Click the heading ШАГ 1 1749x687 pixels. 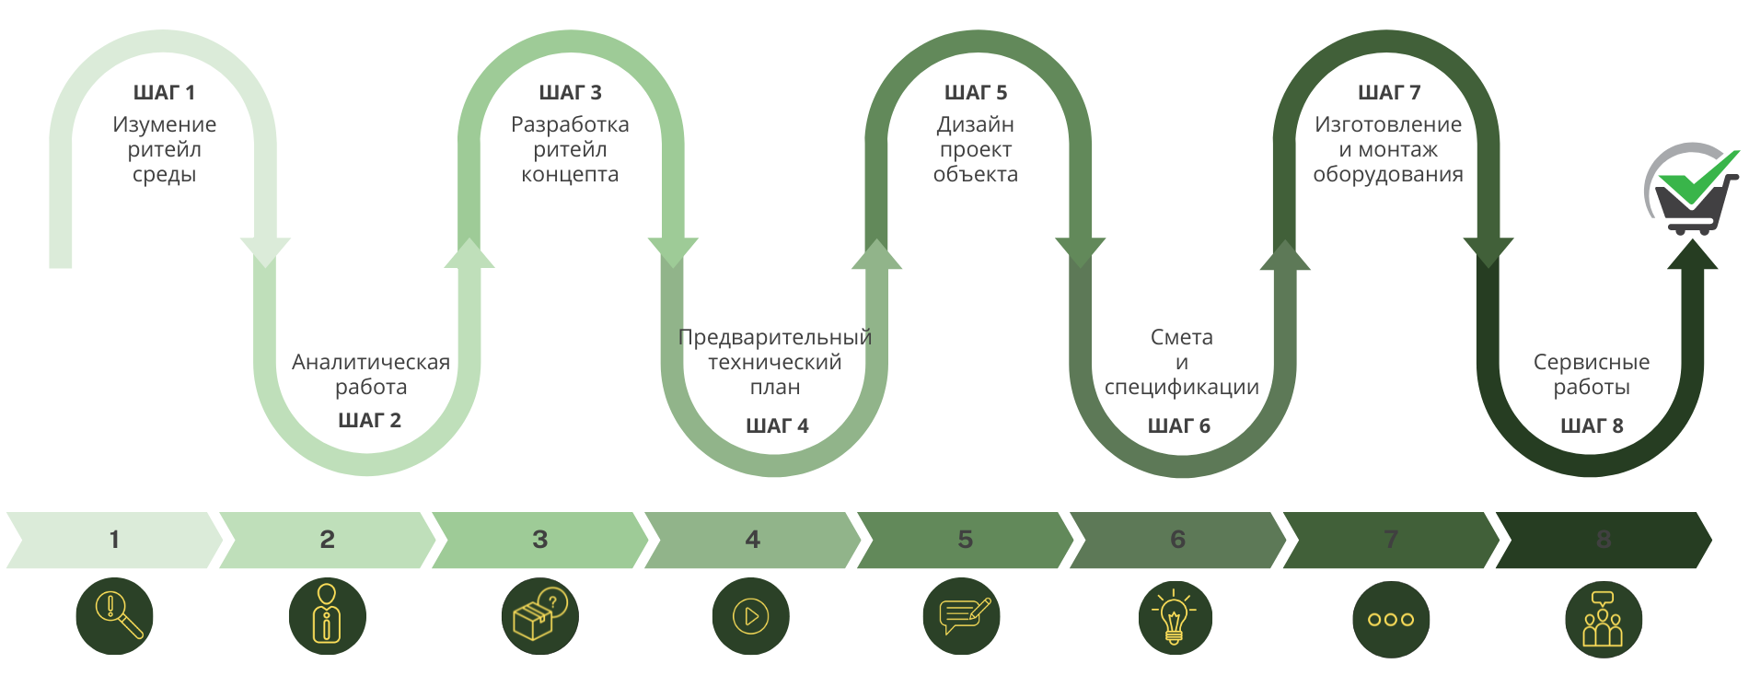(x=164, y=93)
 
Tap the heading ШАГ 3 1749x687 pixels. (x=570, y=93)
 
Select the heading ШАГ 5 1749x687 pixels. (x=976, y=93)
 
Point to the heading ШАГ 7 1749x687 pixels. (x=1389, y=93)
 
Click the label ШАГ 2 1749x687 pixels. (x=370, y=421)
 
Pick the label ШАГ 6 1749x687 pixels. (x=1179, y=426)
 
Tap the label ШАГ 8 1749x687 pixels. (x=1592, y=426)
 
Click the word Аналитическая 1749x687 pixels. (x=371, y=362)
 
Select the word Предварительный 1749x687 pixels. (x=775, y=337)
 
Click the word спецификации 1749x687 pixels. (x=1182, y=387)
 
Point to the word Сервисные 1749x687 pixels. (x=1592, y=362)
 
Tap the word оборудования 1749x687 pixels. (x=1388, y=174)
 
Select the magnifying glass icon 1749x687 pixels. (x=114, y=616)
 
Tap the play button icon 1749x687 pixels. (x=750, y=616)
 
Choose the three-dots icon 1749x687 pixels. (x=1391, y=619)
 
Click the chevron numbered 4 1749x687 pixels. (x=752, y=540)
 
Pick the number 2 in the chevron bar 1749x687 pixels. (x=327, y=540)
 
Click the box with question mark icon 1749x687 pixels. (x=539, y=616)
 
